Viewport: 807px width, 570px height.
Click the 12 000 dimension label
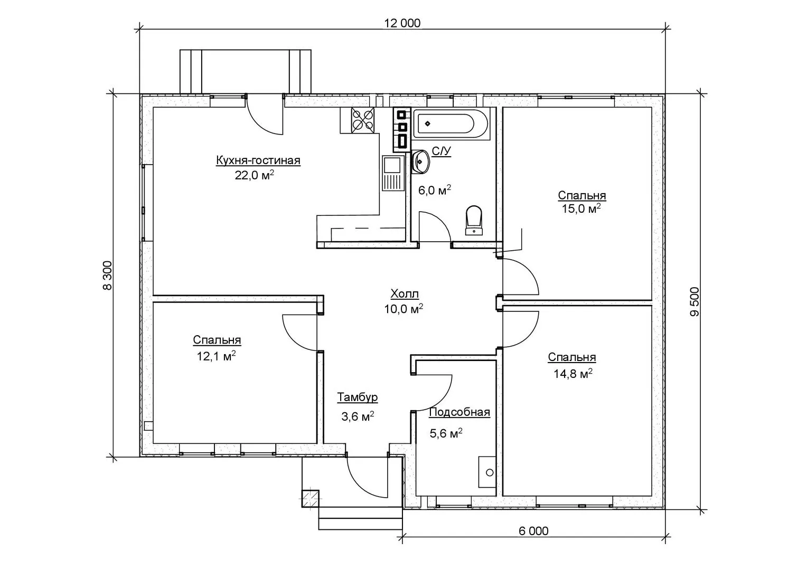point(402,23)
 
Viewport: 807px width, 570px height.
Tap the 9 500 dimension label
point(694,302)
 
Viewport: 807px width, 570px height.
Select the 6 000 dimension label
point(533,531)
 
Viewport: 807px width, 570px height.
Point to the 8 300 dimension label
point(107,275)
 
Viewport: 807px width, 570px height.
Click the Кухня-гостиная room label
point(258,160)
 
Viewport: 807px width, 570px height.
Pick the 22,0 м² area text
point(255,175)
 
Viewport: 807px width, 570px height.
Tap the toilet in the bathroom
point(474,220)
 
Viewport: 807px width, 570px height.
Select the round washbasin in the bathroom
point(420,161)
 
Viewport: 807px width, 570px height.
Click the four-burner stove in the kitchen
point(362,120)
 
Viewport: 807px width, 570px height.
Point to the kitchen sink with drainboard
point(392,173)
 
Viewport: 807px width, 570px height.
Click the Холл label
point(405,294)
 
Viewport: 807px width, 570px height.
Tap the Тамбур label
point(358,397)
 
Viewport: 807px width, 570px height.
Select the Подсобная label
point(459,412)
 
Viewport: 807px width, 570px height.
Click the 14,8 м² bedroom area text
point(573,374)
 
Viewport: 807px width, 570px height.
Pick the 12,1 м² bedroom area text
point(216,356)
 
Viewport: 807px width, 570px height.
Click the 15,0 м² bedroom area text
point(581,208)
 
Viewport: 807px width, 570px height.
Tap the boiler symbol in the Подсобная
point(487,472)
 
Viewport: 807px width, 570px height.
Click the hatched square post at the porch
point(310,499)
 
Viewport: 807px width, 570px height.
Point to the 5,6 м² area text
point(446,433)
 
